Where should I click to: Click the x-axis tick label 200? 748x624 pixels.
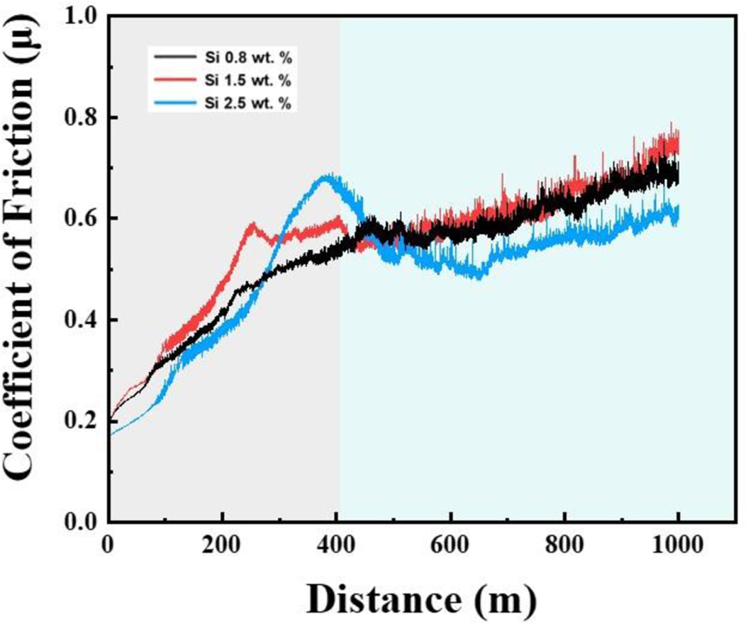coord(223,548)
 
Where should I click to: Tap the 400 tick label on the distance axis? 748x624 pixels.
coord(337,548)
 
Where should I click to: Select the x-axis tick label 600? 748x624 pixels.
coord(451,548)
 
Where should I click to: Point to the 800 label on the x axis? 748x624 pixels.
coord(565,548)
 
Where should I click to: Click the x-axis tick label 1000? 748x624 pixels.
coord(679,548)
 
